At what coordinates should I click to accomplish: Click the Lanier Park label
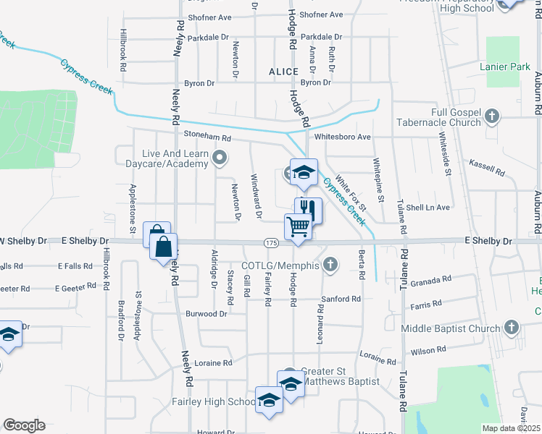coord(501,67)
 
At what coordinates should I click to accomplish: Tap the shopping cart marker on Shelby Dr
coord(299,227)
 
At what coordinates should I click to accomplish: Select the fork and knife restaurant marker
coord(309,210)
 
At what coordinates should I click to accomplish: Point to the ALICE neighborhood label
coord(283,72)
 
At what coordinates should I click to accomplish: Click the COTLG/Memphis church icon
coord(331,265)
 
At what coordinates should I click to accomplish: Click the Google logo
coord(24,425)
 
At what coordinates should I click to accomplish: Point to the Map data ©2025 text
coord(511,428)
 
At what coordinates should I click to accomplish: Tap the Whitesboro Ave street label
coord(343,137)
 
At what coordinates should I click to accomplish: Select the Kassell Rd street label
coord(487,169)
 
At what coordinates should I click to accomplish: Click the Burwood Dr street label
coord(207,314)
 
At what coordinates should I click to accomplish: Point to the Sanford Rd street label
coord(341,299)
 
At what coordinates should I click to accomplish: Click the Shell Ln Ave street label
coord(428,208)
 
